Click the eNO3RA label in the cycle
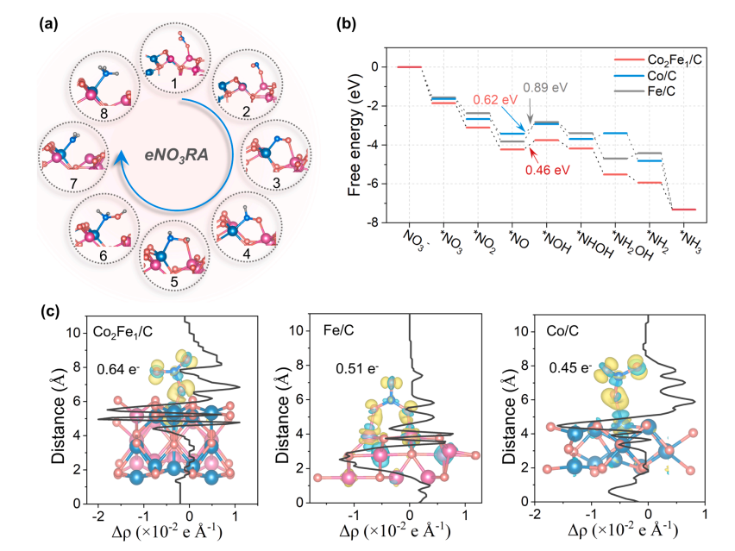pos(176,154)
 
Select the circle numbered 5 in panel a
pos(175,255)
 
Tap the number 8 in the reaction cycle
pos(104,113)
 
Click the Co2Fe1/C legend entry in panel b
pos(658,60)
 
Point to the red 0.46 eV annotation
pos(547,170)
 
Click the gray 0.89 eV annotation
pos(545,88)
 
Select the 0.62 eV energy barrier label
pos(495,100)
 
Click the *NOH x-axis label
pos(557,241)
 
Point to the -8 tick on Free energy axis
pos(374,222)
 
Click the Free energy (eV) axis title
pos(355,135)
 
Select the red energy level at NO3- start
pos(409,67)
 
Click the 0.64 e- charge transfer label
pos(118,369)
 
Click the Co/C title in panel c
pos(562,331)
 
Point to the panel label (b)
pos(346,24)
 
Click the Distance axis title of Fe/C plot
pos(282,413)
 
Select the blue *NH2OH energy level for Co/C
pos(615,133)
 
